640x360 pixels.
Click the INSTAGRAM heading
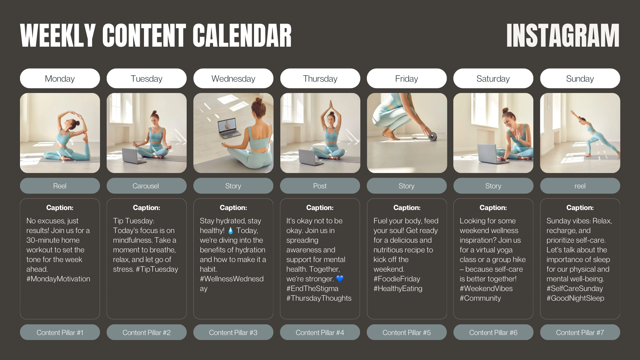[x=563, y=35]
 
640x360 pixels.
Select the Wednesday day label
[x=233, y=78]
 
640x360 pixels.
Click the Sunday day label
[x=580, y=78]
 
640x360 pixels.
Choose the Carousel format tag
[x=146, y=186]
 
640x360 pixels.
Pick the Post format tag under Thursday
[x=320, y=186]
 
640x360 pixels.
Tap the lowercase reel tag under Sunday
[x=580, y=186]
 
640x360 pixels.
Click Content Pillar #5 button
[x=407, y=332]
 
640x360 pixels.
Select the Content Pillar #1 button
[x=60, y=332]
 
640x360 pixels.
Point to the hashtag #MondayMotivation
[x=58, y=279]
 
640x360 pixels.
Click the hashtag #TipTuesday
[x=157, y=269]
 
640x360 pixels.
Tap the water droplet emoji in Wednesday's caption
[x=231, y=230]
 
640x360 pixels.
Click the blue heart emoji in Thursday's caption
[x=340, y=279]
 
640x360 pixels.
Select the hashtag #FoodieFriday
[x=397, y=279]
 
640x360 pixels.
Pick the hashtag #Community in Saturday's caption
[x=480, y=298]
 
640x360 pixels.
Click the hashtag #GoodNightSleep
[x=575, y=298]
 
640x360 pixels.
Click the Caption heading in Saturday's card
[x=493, y=208]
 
